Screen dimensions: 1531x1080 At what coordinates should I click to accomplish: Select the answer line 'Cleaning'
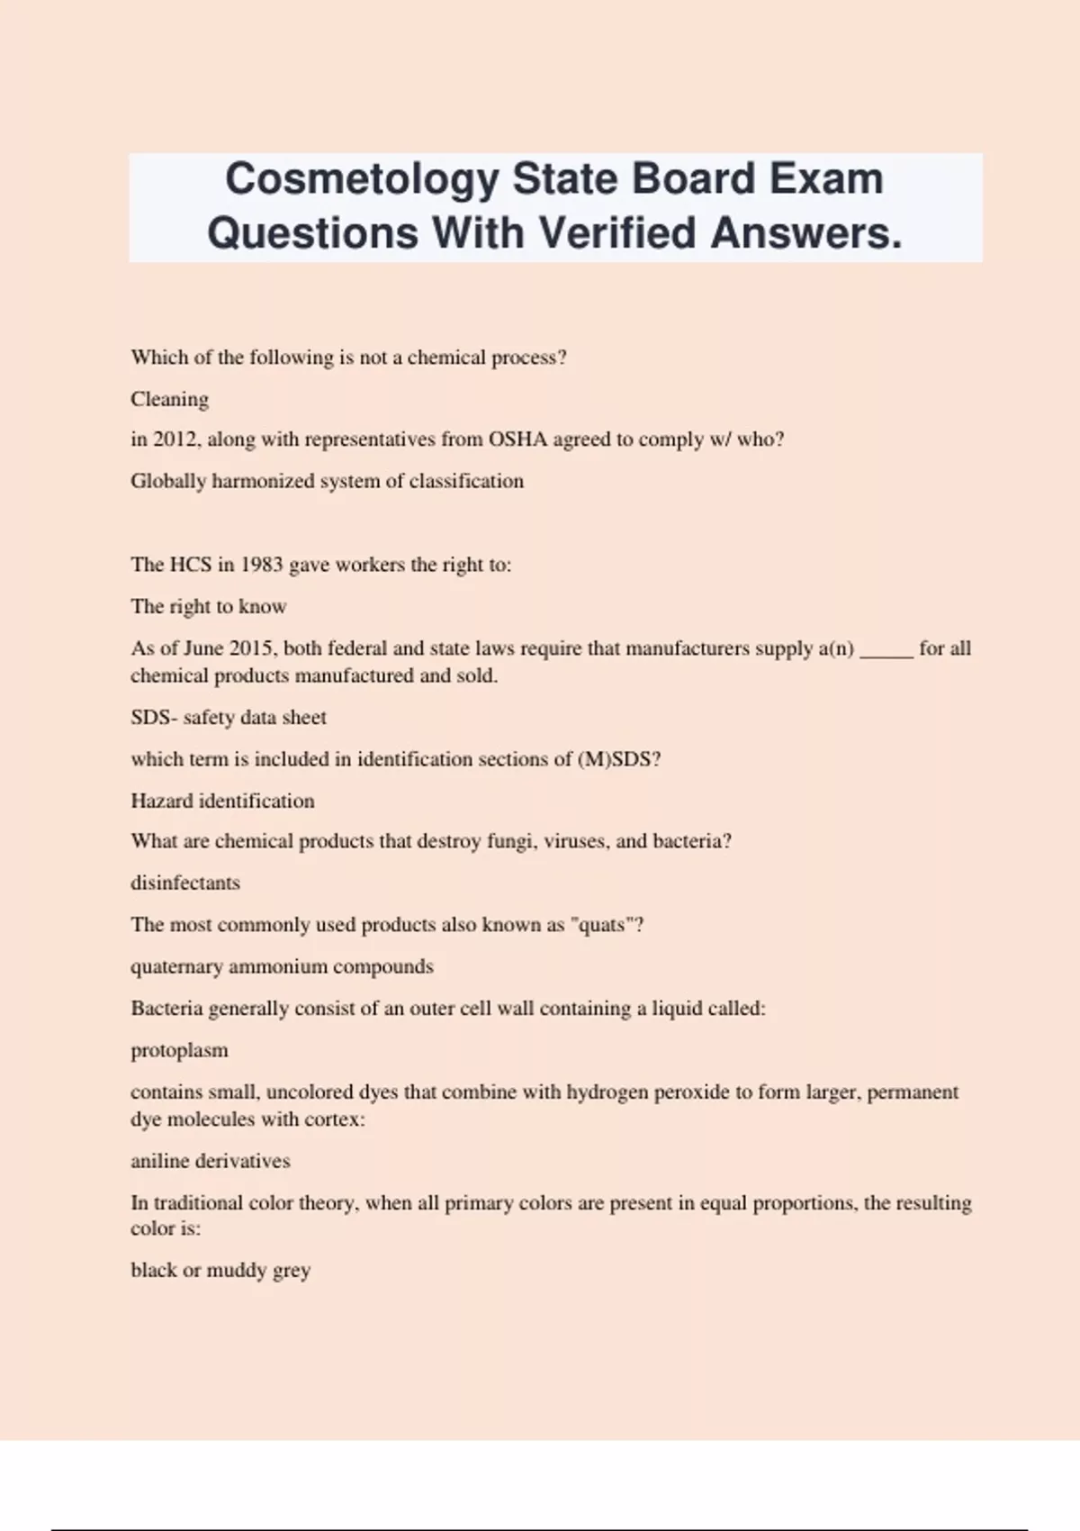169,399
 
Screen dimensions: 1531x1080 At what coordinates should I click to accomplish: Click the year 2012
174,439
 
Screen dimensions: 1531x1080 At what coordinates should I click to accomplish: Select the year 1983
261,565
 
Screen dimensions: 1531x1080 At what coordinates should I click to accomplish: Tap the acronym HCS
190,565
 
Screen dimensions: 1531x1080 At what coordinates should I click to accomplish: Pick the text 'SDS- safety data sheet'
229,718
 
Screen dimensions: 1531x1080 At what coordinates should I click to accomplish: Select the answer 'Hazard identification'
222,801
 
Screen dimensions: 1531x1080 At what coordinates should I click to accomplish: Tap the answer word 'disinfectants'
185,883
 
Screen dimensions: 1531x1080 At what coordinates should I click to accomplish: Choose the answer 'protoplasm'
179,1050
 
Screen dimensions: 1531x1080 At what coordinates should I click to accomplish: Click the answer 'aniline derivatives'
211,1161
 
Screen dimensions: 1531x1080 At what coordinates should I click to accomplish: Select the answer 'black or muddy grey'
220,1270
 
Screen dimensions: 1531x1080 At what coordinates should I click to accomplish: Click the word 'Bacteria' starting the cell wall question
166,1009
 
